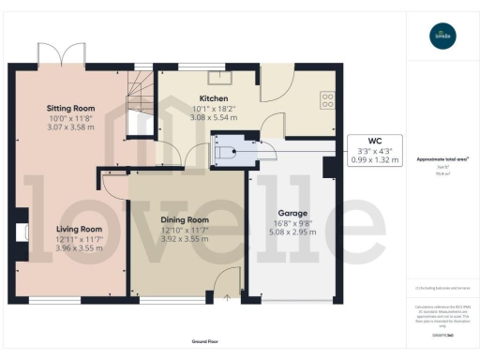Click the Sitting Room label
click(66, 109)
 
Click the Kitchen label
click(214, 97)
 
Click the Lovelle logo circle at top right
click(441, 37)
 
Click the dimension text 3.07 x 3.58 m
click(66, 127)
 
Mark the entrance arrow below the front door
click(225, 298)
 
